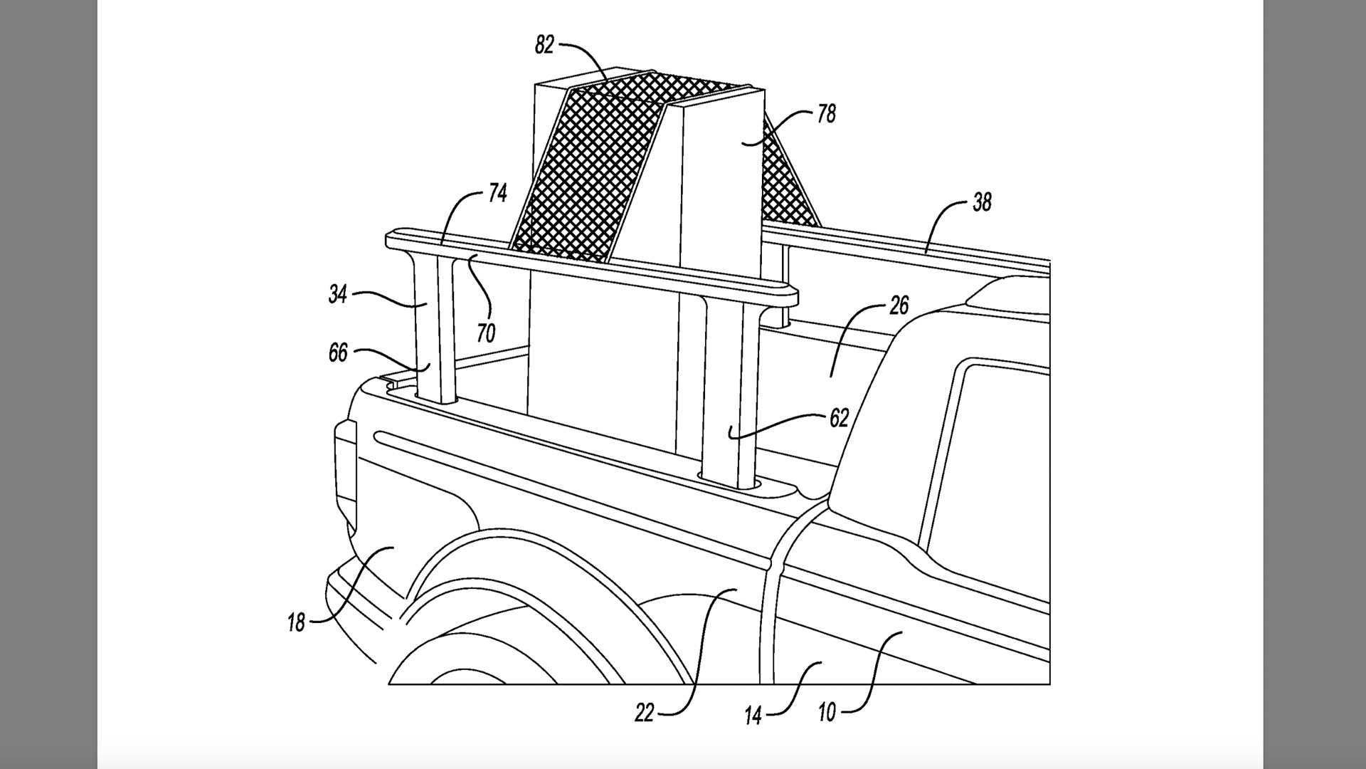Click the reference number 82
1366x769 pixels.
pyautogui.click(x=544, y=46)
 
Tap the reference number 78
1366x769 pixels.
pyautogui.click(x=826, y=114)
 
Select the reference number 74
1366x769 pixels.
pyautogui.click(x=497, y=192)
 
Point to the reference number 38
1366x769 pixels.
pyautogui.click(x=982, y=203)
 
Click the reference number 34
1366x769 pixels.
pyautogui.click(x=338, y=294)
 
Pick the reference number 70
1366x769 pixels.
pyautogui.click(x=486, y=333)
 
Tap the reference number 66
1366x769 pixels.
pyautogui.click(x=338, y=352)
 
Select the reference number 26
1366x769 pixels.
pyautogui.click(x=899, y=306)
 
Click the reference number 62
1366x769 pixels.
pyautogui.click(x=840, y=418)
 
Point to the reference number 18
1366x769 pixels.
pyautogui.click(x=296, y=623)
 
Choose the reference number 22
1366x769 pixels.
pyautogui.click(x=644, y=713)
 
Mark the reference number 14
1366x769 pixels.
pyautogui.click(x=753, y=715)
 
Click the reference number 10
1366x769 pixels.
pyautogui.click(x=827, y=712)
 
